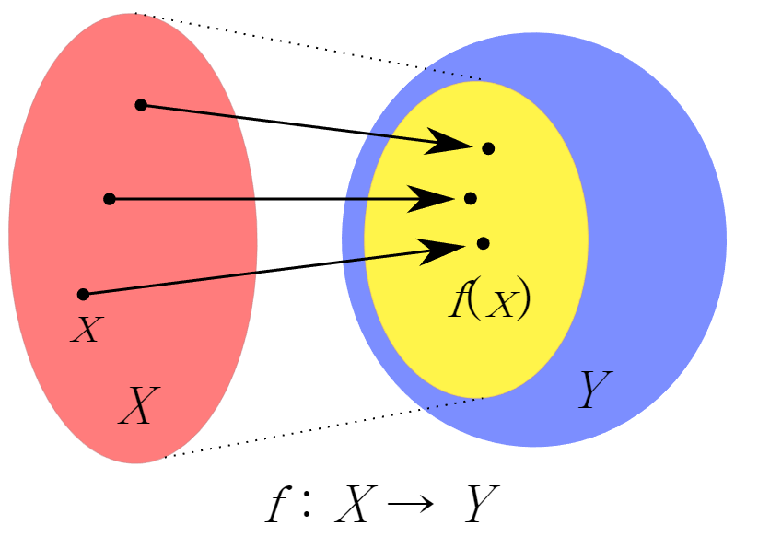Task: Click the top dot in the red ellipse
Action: point(141,105)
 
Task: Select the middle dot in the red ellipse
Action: point(110,198)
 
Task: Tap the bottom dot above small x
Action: point(83,294)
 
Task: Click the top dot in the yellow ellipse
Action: point(488,148)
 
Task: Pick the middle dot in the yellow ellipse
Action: point(471,198)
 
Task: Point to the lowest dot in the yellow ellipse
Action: point(483,243)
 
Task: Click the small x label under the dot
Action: point(84,329)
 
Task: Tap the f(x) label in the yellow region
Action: point(489,300)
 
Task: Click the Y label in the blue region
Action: point(594,391)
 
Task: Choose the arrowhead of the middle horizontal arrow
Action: point(435,198)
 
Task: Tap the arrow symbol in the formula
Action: point(405,506)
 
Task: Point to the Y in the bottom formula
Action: point(481,504)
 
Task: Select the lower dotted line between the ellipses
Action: point(322,427)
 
